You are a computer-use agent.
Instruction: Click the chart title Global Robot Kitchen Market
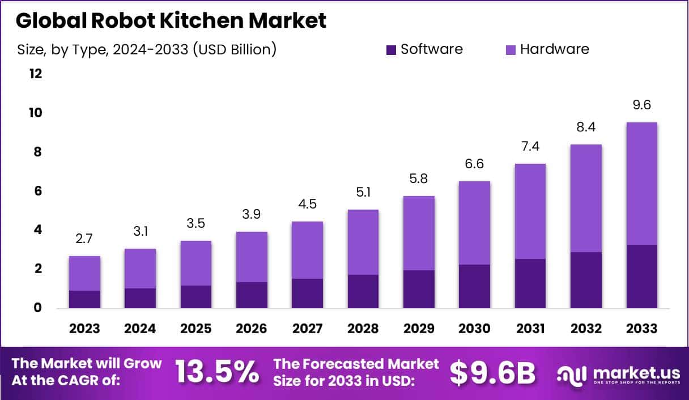point(171,21)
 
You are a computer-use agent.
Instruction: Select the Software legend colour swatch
point(391,50)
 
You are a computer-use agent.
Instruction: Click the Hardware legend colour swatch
point(511,50)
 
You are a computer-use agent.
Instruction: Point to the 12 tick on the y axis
point(36,74)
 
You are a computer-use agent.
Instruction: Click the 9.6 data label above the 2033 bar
point(641,105)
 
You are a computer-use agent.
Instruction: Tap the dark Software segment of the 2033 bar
point(641,276)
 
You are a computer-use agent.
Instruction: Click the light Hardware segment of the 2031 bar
point(530,211)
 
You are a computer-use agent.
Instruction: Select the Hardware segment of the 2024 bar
point(140,269)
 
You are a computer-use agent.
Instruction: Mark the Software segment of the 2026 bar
point(252,295)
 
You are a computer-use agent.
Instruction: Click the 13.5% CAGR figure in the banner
point(217,372)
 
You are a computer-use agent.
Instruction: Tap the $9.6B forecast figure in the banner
point(492,372)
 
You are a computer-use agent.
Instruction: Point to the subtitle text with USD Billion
point(147,50)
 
